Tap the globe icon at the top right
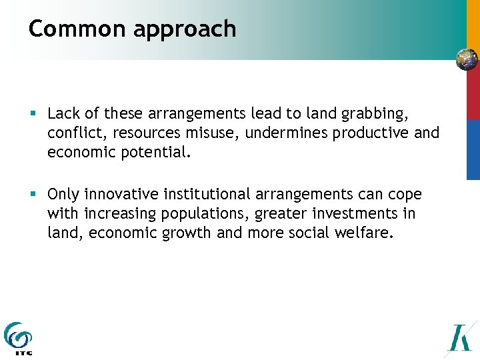pyautogui.click(x=467, y=59)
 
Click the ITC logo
pyautogui.click(x=18, y=339)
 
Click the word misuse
pyautogui.click(x=213, y=133)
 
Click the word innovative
pyautogui.click(x=117, y=195)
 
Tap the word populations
pyautogui.click(x=202, y=213)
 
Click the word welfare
pyautogui.click(x=367, y=232)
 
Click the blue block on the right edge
pyautogui.click(x=473, y=149)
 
